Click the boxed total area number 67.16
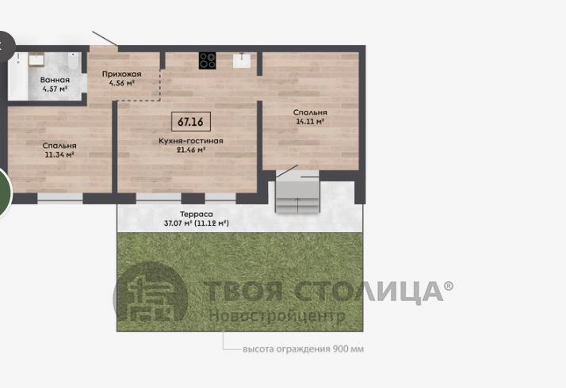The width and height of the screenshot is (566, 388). pyautogui.click(x=190, y=121)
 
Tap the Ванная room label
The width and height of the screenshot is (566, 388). pyautogui.click(x=55, y=80)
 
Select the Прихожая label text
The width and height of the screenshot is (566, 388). pyautogui.click(x=121, y=74)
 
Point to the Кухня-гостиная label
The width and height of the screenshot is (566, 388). pyautogui.click(x=191, y=141)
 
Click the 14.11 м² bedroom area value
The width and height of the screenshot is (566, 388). pyautogui.click(x=310, y=121)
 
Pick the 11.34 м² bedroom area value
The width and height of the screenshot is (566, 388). pyautogui.click(x=59, y=154)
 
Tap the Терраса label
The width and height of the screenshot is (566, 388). pyautogui.click(x=197, y=215)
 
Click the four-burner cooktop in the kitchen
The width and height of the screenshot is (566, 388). pyautogui.click(x=208, y=60)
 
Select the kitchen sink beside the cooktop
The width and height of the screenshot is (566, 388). pyautogui.click(x=242, y=60)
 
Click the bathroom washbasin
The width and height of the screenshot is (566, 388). pyautogui.click(x=36, y=59)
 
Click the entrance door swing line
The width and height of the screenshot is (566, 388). pyautogui.click(x=105, y=38)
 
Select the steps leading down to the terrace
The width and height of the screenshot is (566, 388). pyautogui.click(x=297, y=197)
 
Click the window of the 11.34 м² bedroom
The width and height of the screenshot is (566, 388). pyautogui.click(x=60, y=199)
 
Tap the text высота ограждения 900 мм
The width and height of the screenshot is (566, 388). pyautogui.click(x=303, y=348)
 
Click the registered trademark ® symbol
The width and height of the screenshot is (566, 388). pyautogui.click(x=449, y=286)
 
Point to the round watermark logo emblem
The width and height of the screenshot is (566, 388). pyautogui.click(x=151, y=291)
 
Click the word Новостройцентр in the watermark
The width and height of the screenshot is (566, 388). pyautogui.click(x=277, y=316)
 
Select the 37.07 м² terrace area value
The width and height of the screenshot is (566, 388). pyautogui.click(x=178, y=223)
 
